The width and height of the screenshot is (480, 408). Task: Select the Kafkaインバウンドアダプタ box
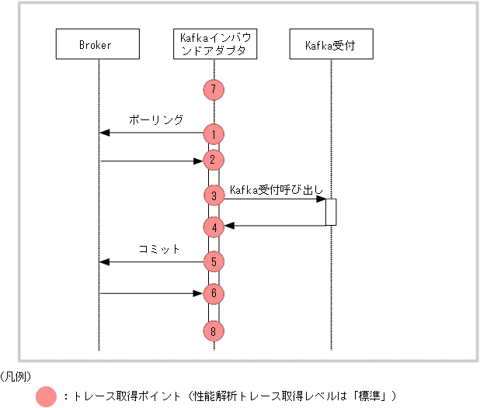214,45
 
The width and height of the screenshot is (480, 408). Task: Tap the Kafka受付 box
330,45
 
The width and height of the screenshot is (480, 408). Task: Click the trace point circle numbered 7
214,89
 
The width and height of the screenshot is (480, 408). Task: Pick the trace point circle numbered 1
214,134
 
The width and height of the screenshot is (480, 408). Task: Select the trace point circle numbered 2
214,161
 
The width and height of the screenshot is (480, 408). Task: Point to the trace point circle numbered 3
214,195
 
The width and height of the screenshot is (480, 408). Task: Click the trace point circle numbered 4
214,226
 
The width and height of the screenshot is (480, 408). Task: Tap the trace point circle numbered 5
214,261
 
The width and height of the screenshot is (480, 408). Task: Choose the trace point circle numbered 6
214,294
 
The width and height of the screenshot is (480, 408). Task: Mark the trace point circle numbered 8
214,331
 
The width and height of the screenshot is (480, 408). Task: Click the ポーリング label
156,120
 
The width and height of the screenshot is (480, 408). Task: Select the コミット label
158,249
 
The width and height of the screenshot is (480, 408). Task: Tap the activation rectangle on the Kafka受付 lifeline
331,212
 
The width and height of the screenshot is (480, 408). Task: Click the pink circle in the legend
47,396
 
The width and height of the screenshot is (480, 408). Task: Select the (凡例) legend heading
16,376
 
